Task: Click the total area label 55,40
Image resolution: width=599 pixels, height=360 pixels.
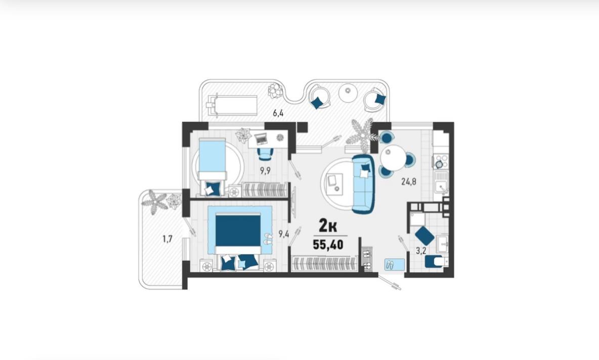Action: click(x=328, y=244)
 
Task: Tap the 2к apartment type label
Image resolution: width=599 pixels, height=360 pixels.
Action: click(x=328, y=227)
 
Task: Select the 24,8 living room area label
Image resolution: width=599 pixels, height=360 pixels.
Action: click(x=408, y=182)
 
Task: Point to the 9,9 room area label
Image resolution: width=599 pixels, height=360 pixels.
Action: click(x=265, y=171)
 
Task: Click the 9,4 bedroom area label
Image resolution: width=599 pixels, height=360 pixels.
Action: click(x=283, y=234)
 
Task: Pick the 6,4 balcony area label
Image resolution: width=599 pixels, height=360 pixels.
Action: click(x=278, y=113)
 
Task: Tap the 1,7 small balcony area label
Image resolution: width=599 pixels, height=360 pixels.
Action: click(x=167, y=239)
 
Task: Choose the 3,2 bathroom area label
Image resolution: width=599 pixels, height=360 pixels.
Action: click(x=420, y=251)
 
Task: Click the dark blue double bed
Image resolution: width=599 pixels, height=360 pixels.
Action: click(x=238, y=231)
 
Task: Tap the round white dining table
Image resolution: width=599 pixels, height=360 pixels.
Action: click(x=393, y=158)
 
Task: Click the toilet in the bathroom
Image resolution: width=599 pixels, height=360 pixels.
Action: click(x=436, y=262)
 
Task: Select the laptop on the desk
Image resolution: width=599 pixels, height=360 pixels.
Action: click(x=262, y=139)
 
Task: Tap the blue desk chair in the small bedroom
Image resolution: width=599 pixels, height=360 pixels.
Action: click(x=266, y=154)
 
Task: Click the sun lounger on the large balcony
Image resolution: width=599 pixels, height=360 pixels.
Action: click(x=232, y=104)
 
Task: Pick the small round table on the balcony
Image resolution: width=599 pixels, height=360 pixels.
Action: click(x=348, y=93)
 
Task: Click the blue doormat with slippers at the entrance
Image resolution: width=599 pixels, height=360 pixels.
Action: click(x=395, y=264)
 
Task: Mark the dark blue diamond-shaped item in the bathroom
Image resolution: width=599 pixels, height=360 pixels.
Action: click(x=424, y=236)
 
